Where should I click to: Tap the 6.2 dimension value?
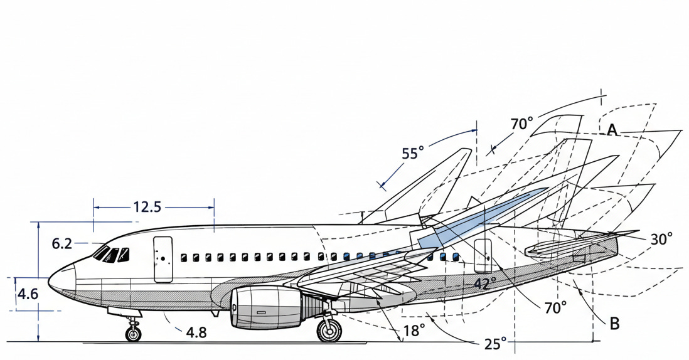pos(62,243)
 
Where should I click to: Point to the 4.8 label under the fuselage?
pos(196,332)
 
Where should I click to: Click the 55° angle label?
pos(413,154)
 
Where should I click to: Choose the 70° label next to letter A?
pos(521,124)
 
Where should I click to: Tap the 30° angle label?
pos(661,238)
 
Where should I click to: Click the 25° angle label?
pos(494,344)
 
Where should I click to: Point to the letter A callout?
pos(613,130)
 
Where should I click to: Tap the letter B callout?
pos(615,324)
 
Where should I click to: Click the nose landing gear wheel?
pos(133,334)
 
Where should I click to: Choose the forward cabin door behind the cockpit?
pos(163,259)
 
